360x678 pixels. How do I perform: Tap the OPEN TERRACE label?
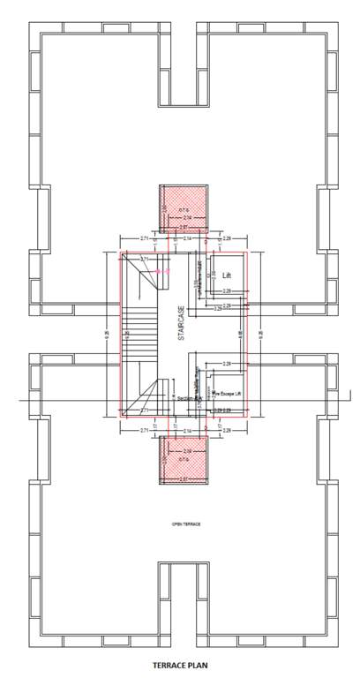click(186, 524)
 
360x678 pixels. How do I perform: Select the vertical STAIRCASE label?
click(179, 328)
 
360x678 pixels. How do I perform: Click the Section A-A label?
click(190, 398)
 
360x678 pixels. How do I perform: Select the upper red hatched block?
click(183, 210)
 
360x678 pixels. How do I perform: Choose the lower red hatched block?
click(183, 460)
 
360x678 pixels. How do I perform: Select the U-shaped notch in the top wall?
click(180, 66)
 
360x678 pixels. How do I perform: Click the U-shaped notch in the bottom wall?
click(180, 600)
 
